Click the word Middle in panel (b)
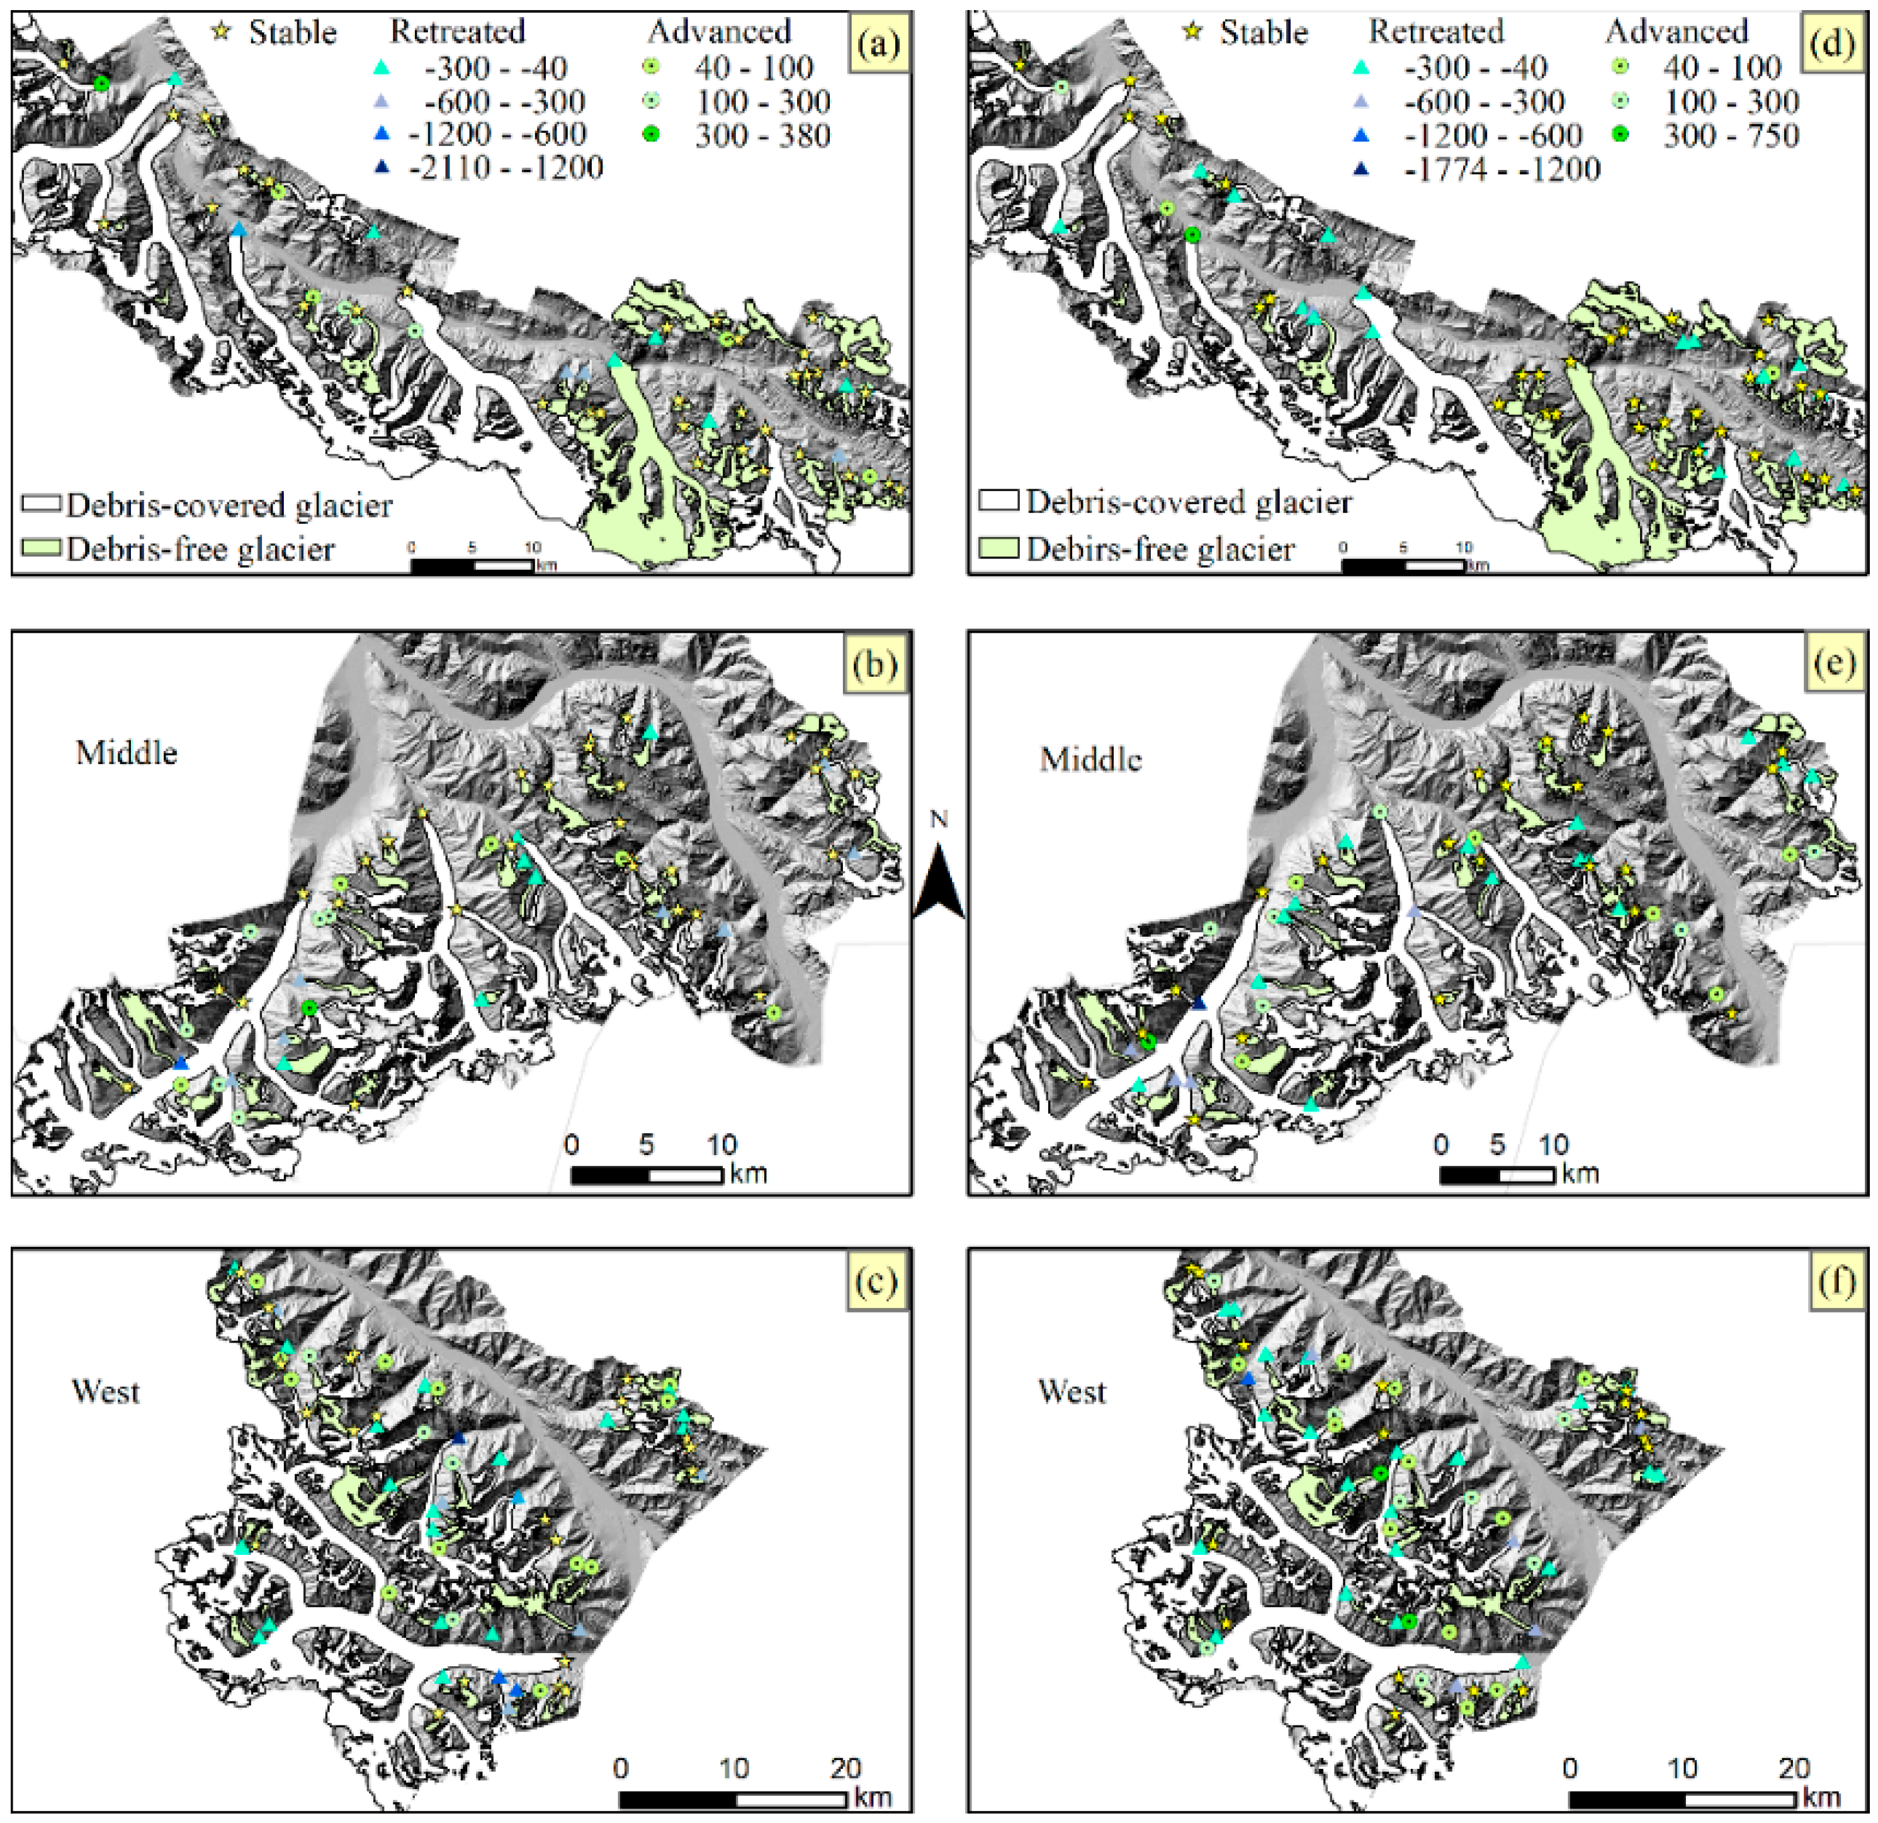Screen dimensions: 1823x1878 tap(127, 753)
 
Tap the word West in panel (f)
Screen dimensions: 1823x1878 tap(1072, 1391)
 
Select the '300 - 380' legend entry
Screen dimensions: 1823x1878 tap(762, 135)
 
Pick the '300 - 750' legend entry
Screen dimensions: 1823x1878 tap(1731, 135)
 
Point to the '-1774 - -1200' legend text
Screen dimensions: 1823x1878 tap(1502, 169)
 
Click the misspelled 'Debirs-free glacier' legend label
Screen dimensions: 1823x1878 tap(1160, 549)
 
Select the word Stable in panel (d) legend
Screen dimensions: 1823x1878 tap(1263, 33)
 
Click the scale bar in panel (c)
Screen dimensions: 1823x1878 tap(733, 1799)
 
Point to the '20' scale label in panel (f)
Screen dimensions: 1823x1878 tap(1794, 1768)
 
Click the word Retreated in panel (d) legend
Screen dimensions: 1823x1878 tap(1436, 31)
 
